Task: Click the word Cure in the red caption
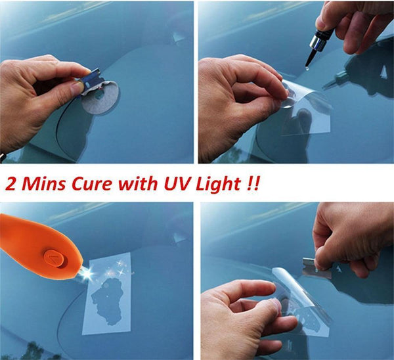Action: click(91, 182)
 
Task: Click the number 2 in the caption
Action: click(12, 183)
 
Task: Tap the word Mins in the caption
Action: click(43, 182)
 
